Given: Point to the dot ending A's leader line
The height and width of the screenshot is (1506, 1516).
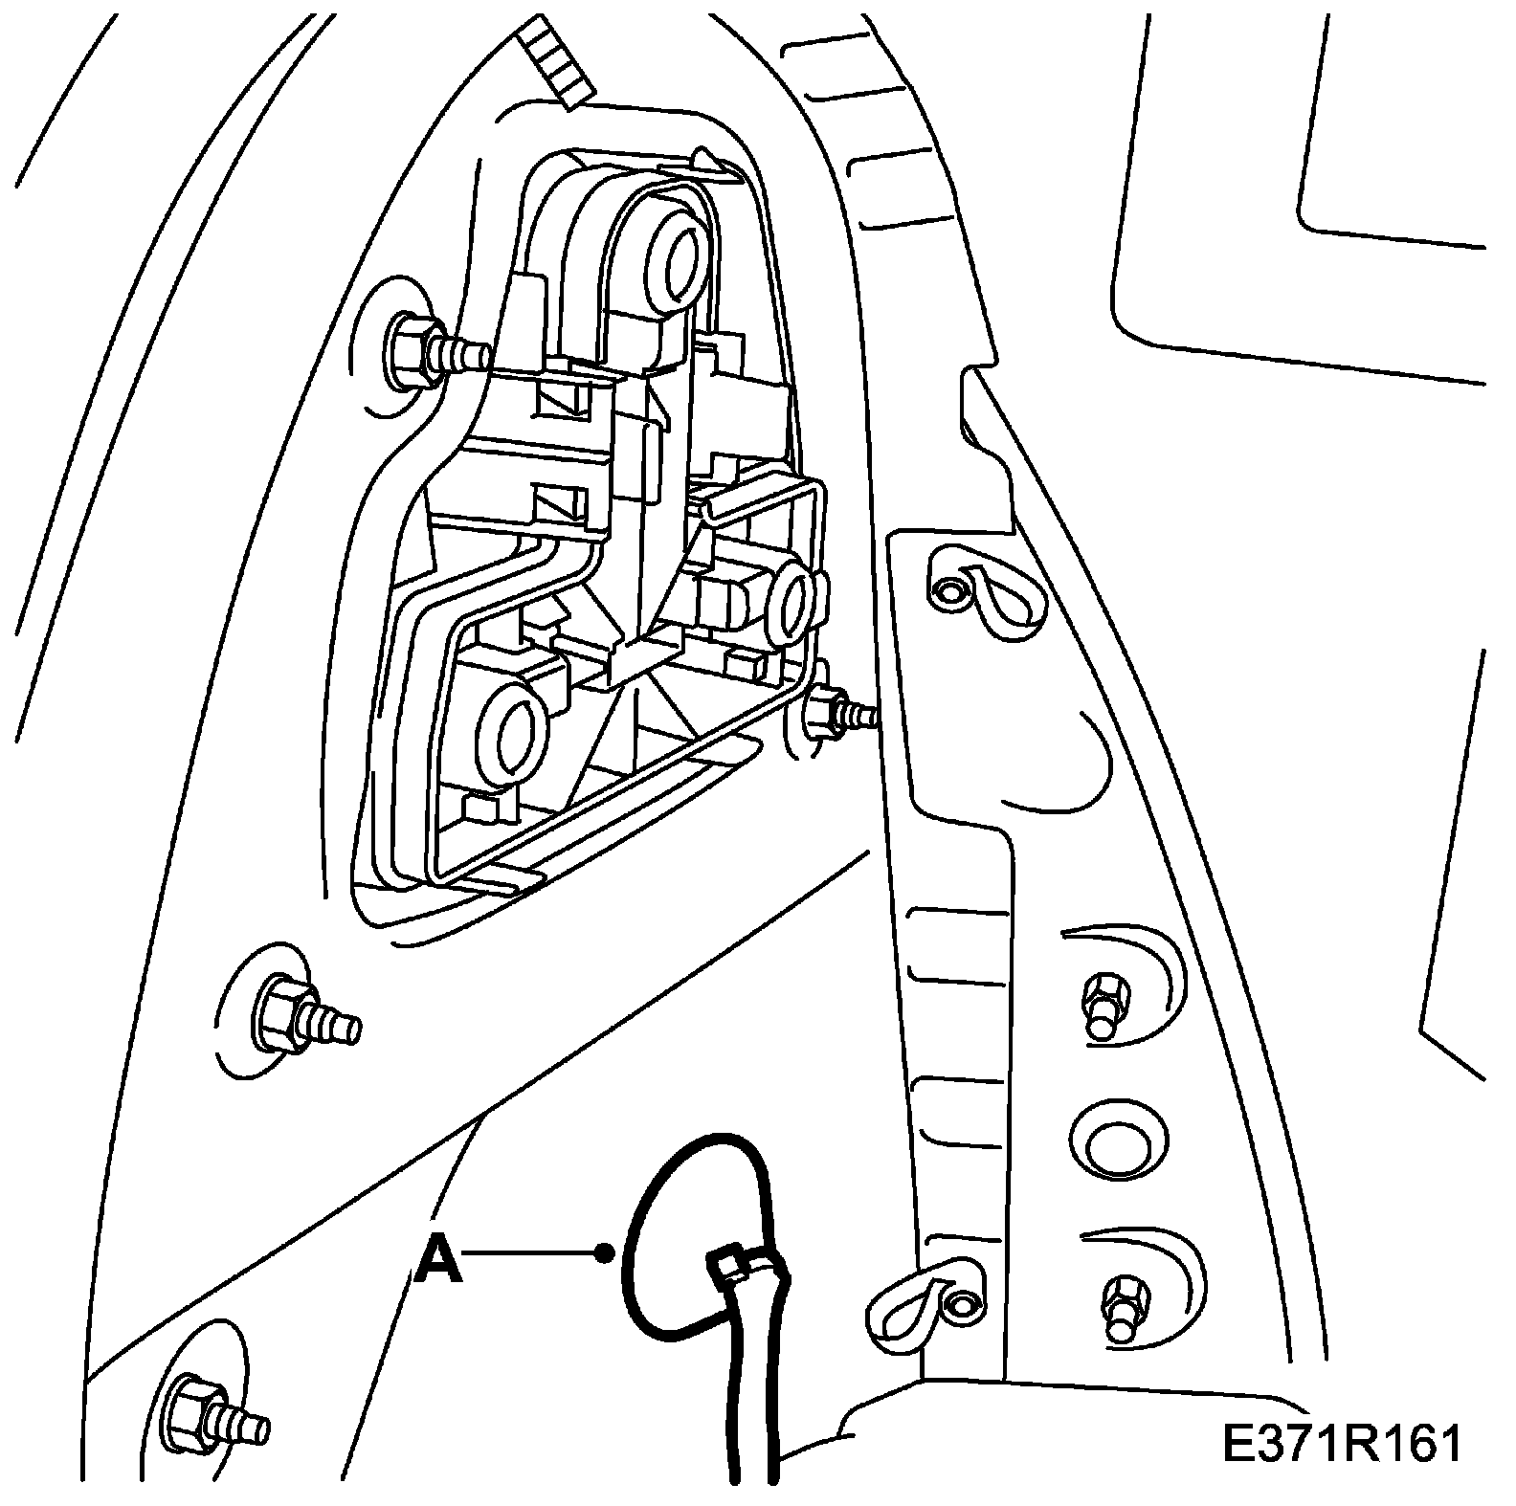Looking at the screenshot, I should pyautogui.click(x=603, y=1251).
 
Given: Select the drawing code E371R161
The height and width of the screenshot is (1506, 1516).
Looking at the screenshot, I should pyautogui.click(x=1342, y=1445).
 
